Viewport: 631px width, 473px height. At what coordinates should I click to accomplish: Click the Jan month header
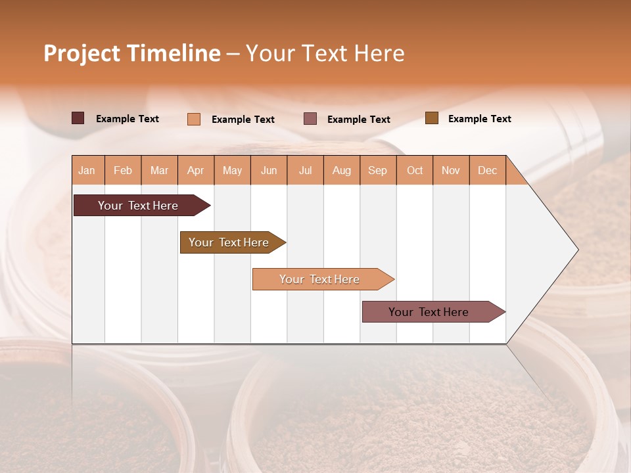click(x=87, y=170)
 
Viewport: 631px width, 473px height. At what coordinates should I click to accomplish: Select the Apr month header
click(x=196, y=170)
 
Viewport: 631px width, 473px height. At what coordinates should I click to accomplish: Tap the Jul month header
click(x=305, y=170)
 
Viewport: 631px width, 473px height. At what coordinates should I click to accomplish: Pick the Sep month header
click(x=378, y=170)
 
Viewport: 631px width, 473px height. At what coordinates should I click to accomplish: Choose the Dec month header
click(x=487, y=170)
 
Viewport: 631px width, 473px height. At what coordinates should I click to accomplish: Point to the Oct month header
click(x=415, y=170)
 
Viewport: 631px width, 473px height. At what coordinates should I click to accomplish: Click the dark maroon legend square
click(x=78, y=118)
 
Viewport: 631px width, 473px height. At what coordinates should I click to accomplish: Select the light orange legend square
click(x=193, y=119)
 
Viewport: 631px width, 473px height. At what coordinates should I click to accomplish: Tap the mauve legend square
click(x=310, y=119)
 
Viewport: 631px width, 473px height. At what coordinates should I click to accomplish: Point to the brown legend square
click(x=431, y=118)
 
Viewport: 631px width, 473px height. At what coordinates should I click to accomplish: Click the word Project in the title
click(x=82, y=53)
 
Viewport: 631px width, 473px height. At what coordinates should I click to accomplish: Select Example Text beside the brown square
click(x=479, y=119)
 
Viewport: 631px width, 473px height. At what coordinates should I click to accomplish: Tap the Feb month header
click(x=123, y=170)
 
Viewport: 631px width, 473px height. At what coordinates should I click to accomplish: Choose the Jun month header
click(x=269, y=170)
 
